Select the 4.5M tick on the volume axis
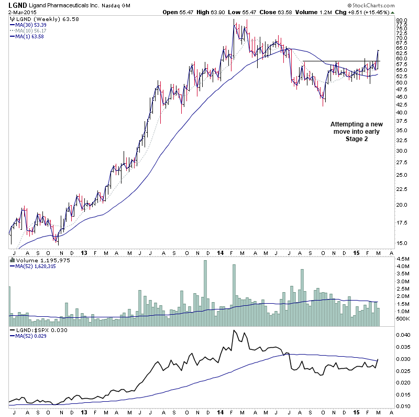403,259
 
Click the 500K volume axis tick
403,318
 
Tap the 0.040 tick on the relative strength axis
404,335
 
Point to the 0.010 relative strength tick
404,407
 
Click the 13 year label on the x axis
84,253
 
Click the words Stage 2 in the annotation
357,139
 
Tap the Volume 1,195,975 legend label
36,260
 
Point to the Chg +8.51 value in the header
358,12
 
